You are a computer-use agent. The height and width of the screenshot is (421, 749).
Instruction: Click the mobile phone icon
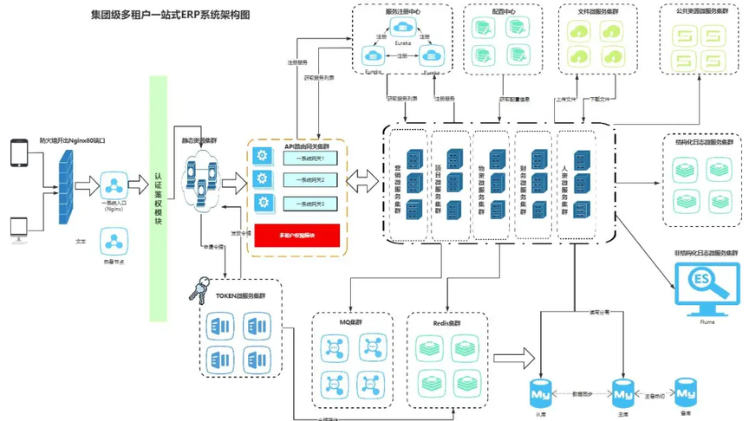19,152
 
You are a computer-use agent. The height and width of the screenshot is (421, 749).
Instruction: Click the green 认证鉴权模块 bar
158,198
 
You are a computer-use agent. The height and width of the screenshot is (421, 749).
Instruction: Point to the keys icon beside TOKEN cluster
199,289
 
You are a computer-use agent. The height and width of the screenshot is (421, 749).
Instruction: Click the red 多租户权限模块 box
296,235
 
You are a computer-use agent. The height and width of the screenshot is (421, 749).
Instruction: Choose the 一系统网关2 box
309,180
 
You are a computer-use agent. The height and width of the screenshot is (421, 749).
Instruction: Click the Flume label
707,322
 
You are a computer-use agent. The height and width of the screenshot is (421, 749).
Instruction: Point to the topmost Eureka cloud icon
402,29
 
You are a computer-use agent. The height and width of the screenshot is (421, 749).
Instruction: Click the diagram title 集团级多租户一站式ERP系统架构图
170,16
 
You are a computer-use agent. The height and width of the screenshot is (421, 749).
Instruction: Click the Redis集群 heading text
446,323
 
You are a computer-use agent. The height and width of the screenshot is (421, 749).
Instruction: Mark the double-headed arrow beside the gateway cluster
362,181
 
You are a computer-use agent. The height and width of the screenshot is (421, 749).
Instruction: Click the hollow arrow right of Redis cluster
518,356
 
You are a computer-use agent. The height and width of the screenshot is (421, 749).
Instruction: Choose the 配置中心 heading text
503,13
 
